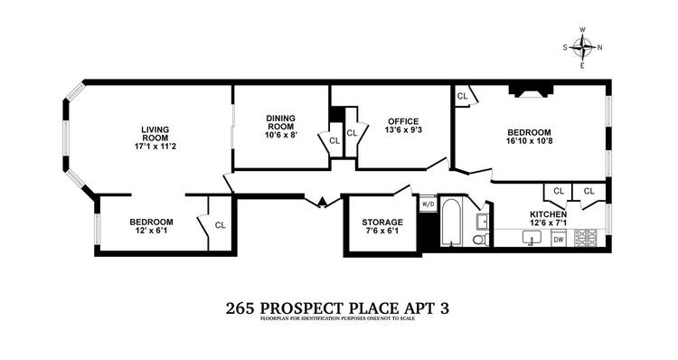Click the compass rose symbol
(583, 47)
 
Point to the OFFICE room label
(402, 120)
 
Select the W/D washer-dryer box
(427, 204)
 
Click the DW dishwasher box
(558, 239)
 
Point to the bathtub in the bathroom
(450, 223)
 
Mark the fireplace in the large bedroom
(527, 90)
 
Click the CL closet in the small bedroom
(220, 224)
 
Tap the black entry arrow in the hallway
(320, 202)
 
